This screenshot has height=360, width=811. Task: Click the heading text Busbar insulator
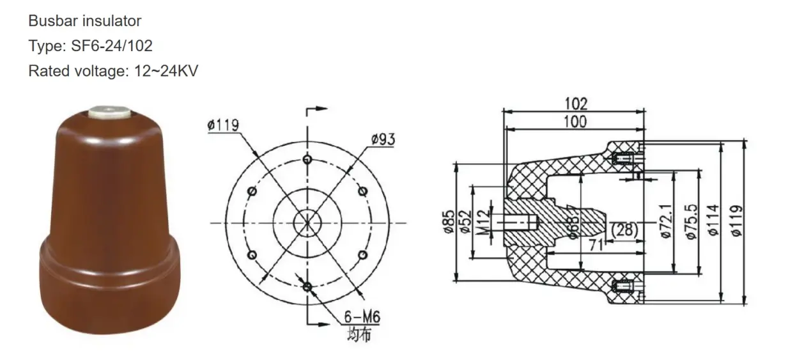tap(84, 21)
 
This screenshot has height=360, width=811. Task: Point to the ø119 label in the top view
tap(223, 125)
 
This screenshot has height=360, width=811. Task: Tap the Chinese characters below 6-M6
tap(358, 334)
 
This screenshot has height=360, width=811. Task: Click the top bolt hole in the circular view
tap(308, 159)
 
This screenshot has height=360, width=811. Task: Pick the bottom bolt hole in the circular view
tap(307, 286)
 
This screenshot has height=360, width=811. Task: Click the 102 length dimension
tap(575, 103)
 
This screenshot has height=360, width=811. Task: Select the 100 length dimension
tap(575, 121)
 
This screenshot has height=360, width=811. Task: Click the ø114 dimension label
tap(714, 221)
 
